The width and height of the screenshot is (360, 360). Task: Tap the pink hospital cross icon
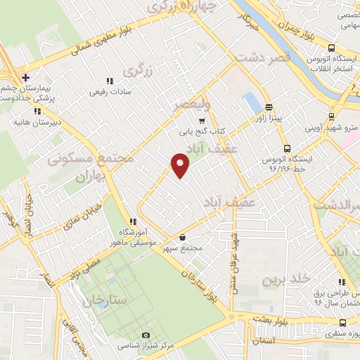[25, 77]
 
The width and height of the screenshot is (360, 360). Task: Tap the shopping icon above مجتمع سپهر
[183, 237]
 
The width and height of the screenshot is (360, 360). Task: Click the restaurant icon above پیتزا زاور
[269, 108]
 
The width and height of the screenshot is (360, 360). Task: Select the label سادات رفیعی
[108, 91]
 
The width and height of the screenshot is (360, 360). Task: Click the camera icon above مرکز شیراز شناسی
[146, 335]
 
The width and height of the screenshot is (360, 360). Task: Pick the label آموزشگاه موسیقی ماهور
[131, 238]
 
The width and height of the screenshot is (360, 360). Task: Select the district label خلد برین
[286, 279]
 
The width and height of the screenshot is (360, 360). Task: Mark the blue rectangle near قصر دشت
[251, 103]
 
